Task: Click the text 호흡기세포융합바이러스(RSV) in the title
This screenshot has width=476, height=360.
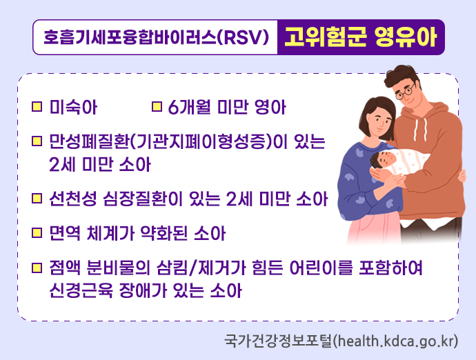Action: (x=155, y=37)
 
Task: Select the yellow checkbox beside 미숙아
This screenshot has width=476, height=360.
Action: (x=37, y=108)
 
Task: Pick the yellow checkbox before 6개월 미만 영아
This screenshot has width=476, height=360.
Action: (x=156, y=108)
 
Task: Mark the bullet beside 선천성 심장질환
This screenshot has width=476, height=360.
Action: (x=37, y=200)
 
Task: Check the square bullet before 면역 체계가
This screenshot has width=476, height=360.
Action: (x=37, y=232)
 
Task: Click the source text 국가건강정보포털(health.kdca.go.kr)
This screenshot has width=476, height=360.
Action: (x=341, y=341)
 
